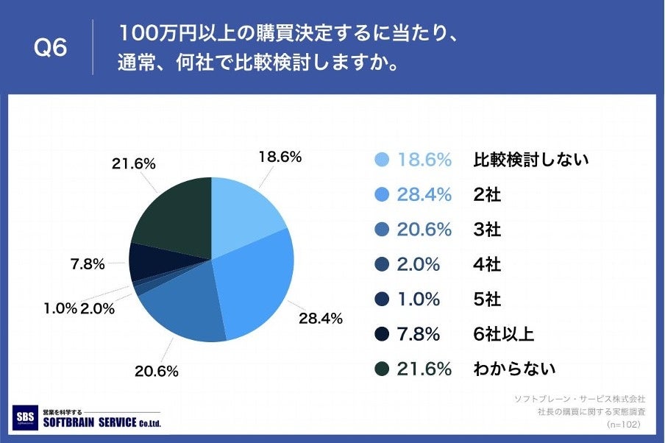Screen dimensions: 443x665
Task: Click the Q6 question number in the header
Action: point(51,49)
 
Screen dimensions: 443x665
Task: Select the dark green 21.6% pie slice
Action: point(173,217)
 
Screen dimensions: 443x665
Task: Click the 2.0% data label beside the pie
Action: point(97,308)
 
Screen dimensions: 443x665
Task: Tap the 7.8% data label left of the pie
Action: point(88,263)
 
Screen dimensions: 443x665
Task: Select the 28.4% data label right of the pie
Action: point(320,318)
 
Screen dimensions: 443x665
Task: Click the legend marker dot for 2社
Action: point(381,195)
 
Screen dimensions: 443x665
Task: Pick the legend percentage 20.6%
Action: point(424,230)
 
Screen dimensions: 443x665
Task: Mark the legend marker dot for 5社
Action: point(381,300)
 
